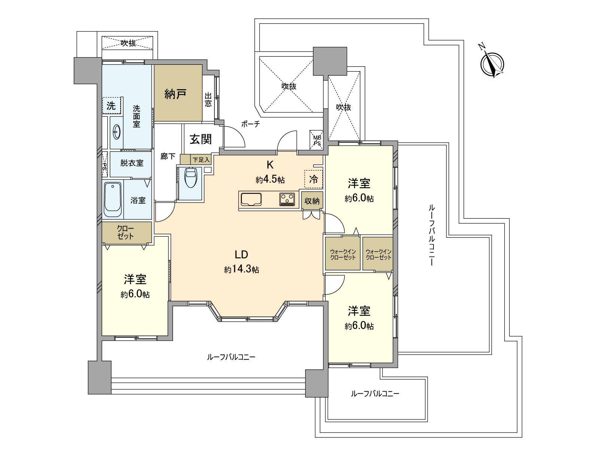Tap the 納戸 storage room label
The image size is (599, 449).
(x=176, y=94)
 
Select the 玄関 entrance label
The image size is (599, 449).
(x=201, y=139)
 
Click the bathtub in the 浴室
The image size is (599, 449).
(x=113, y=200)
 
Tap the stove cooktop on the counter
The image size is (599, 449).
(x=288, y=199)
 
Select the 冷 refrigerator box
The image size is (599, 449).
(x=313, y=180)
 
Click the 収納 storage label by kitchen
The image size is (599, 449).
(x=312, y=201)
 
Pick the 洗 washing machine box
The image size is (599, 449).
(x=111, y=106)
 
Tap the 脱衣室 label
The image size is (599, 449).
(x=132, y=163)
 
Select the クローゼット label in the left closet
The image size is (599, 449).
(x=125, y=233)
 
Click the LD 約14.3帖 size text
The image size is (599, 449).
(x=241, y=269)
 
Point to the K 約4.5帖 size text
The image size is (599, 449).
(x=270, y=179)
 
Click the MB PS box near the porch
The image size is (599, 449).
(x=317, y=140)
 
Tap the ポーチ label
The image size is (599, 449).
(x=250, y=124)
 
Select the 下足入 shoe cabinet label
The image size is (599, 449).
(x=201, y=160)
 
